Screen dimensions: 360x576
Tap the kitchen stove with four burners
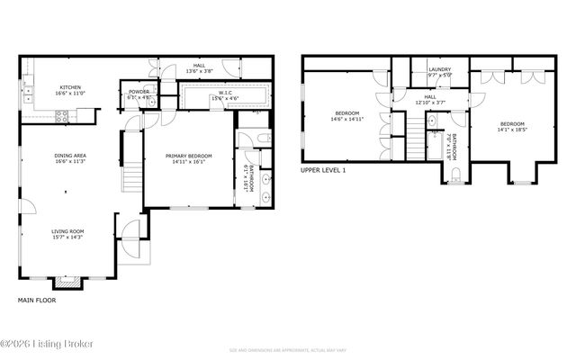pyautogui.click(x=63, y=114)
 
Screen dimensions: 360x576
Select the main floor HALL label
pyautogui.click(x=199, y=66)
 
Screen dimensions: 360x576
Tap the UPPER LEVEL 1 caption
pyautogui.click(x=324, y=169)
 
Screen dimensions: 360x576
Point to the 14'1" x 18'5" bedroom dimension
pyautogui.click(x=511, y=129)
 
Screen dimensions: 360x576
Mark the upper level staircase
pyautogui.click(x=417, y=142)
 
